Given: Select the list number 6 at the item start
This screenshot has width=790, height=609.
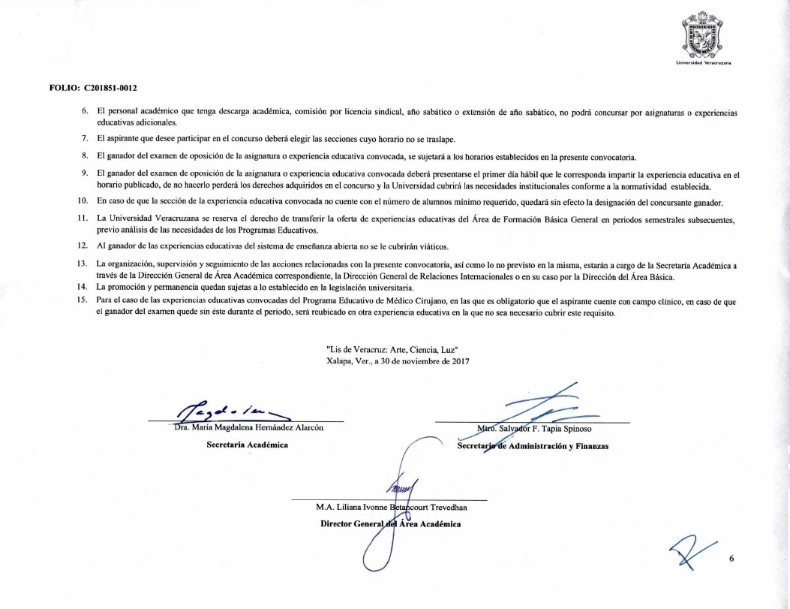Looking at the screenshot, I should pos(86,112).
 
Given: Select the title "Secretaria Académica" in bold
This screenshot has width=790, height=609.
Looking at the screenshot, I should pos(242,446).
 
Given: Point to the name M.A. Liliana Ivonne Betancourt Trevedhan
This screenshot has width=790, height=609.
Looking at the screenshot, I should pos(392,508).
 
